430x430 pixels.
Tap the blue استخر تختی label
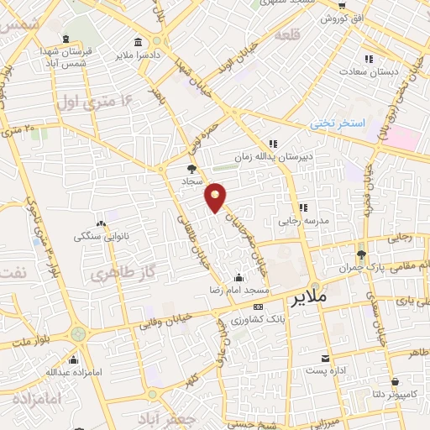click(338, 123)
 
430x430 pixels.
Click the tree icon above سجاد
click(191, 169)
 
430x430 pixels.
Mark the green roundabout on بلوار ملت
click(78, 334)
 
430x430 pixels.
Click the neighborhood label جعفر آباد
click(177, 417)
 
